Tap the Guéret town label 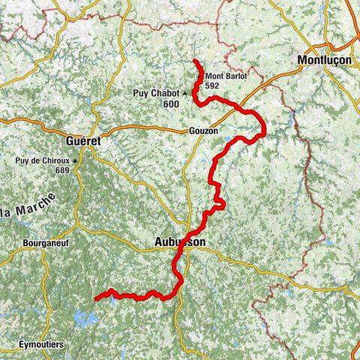(84, 140)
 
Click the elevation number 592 (211, 86)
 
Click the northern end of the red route (195, 61)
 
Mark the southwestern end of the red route (96, 298)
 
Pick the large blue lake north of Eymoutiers (85, 321)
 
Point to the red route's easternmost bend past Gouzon (265, 132)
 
